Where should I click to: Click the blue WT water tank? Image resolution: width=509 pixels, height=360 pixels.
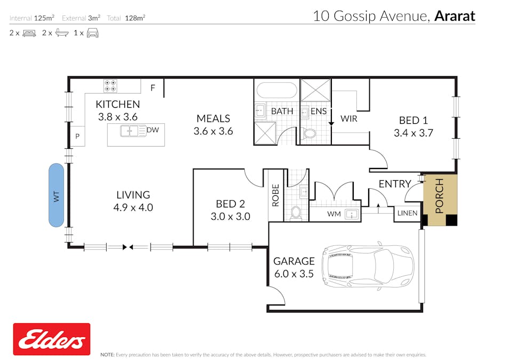pyautogui.click(x=56, y=195)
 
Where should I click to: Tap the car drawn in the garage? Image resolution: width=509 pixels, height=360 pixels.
pyautogui.click(x=368, y=266)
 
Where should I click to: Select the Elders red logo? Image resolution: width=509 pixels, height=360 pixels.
pyautogui.click(x=52, y=339)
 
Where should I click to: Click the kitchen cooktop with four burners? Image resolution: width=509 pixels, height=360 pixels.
pyautogui.click(x=110, y=86)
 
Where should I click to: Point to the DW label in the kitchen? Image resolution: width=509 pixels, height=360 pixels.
pyautogui.click(x=153, y=130)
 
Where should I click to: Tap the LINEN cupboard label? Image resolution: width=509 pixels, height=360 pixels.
pyautogui.click(x=408, y=213)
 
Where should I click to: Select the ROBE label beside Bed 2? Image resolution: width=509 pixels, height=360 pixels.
pyautogui.click(x=276, y=196)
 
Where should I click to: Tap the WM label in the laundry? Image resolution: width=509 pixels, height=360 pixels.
pyautogui.click(x=333, y=214)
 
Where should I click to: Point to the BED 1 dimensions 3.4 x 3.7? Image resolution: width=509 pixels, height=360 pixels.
pyautogui.click(x=413, y=133)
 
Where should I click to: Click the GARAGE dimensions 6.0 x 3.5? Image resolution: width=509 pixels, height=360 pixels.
pyautogui.click(x=293, y=274)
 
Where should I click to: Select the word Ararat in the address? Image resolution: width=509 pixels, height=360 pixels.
pyautogui.click(x=454, y=16)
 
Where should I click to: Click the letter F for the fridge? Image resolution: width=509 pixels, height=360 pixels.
pyautogui.click(x=153, y=88)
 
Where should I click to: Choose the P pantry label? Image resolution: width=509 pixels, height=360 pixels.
pyautogui.click(x=77, y=137)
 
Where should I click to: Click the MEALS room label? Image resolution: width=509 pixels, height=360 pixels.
pyautogui.click(x=213, y=118)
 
